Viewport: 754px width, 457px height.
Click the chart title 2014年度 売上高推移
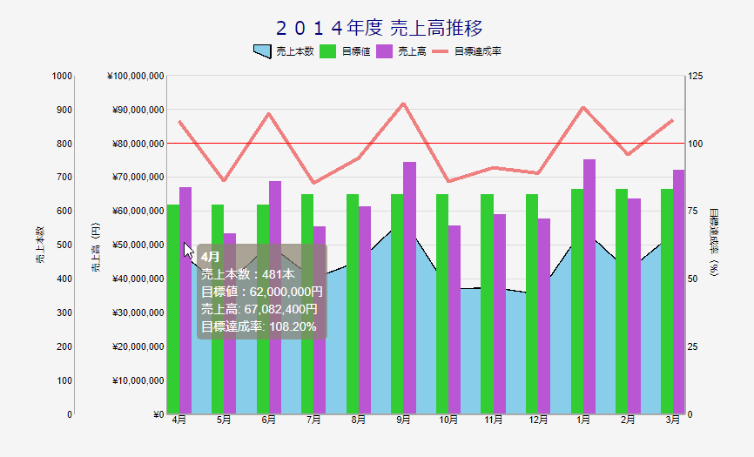click(380, 28)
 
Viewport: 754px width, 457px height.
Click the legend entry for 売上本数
click(283, 51)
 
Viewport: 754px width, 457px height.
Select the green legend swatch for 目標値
click(327, 51)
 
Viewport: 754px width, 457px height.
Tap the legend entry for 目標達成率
click(467, 51)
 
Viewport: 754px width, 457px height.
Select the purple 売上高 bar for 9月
click(410, 288)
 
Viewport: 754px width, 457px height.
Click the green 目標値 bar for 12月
click(532, 304)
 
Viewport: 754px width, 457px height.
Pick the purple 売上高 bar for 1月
click(589, 286)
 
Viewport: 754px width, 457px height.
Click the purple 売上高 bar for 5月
click(230, 324)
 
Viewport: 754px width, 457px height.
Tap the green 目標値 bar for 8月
click(353, 304)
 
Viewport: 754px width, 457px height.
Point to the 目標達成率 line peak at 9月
click(403, 104)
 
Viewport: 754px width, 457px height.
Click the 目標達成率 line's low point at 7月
click(313, 183)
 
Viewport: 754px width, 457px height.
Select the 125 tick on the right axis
click(696, 76)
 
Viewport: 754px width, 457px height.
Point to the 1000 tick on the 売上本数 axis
click(62, 76)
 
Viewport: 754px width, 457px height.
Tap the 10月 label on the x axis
click(448, 420)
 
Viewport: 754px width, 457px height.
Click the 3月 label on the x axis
click(672, 420)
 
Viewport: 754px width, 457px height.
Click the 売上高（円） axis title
click(96, 247)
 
